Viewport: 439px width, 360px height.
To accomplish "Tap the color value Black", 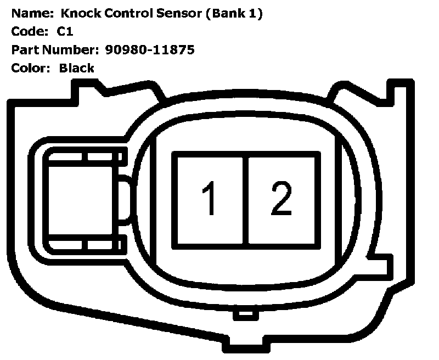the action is click(x=77, y=68).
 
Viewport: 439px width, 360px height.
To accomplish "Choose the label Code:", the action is click(x=29, y=32).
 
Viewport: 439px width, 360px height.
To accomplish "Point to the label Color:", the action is click(x=31, y=68).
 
